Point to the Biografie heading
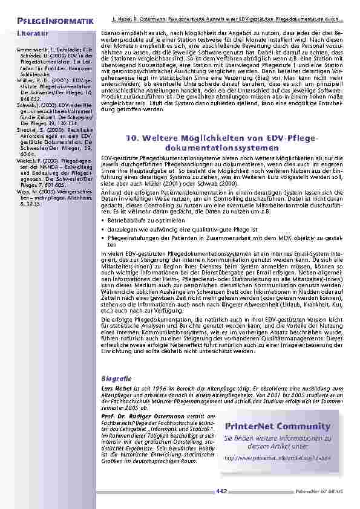pyautogui.click(x=114, y=378)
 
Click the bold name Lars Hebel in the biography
pyautogui.click(x=114, y=387)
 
